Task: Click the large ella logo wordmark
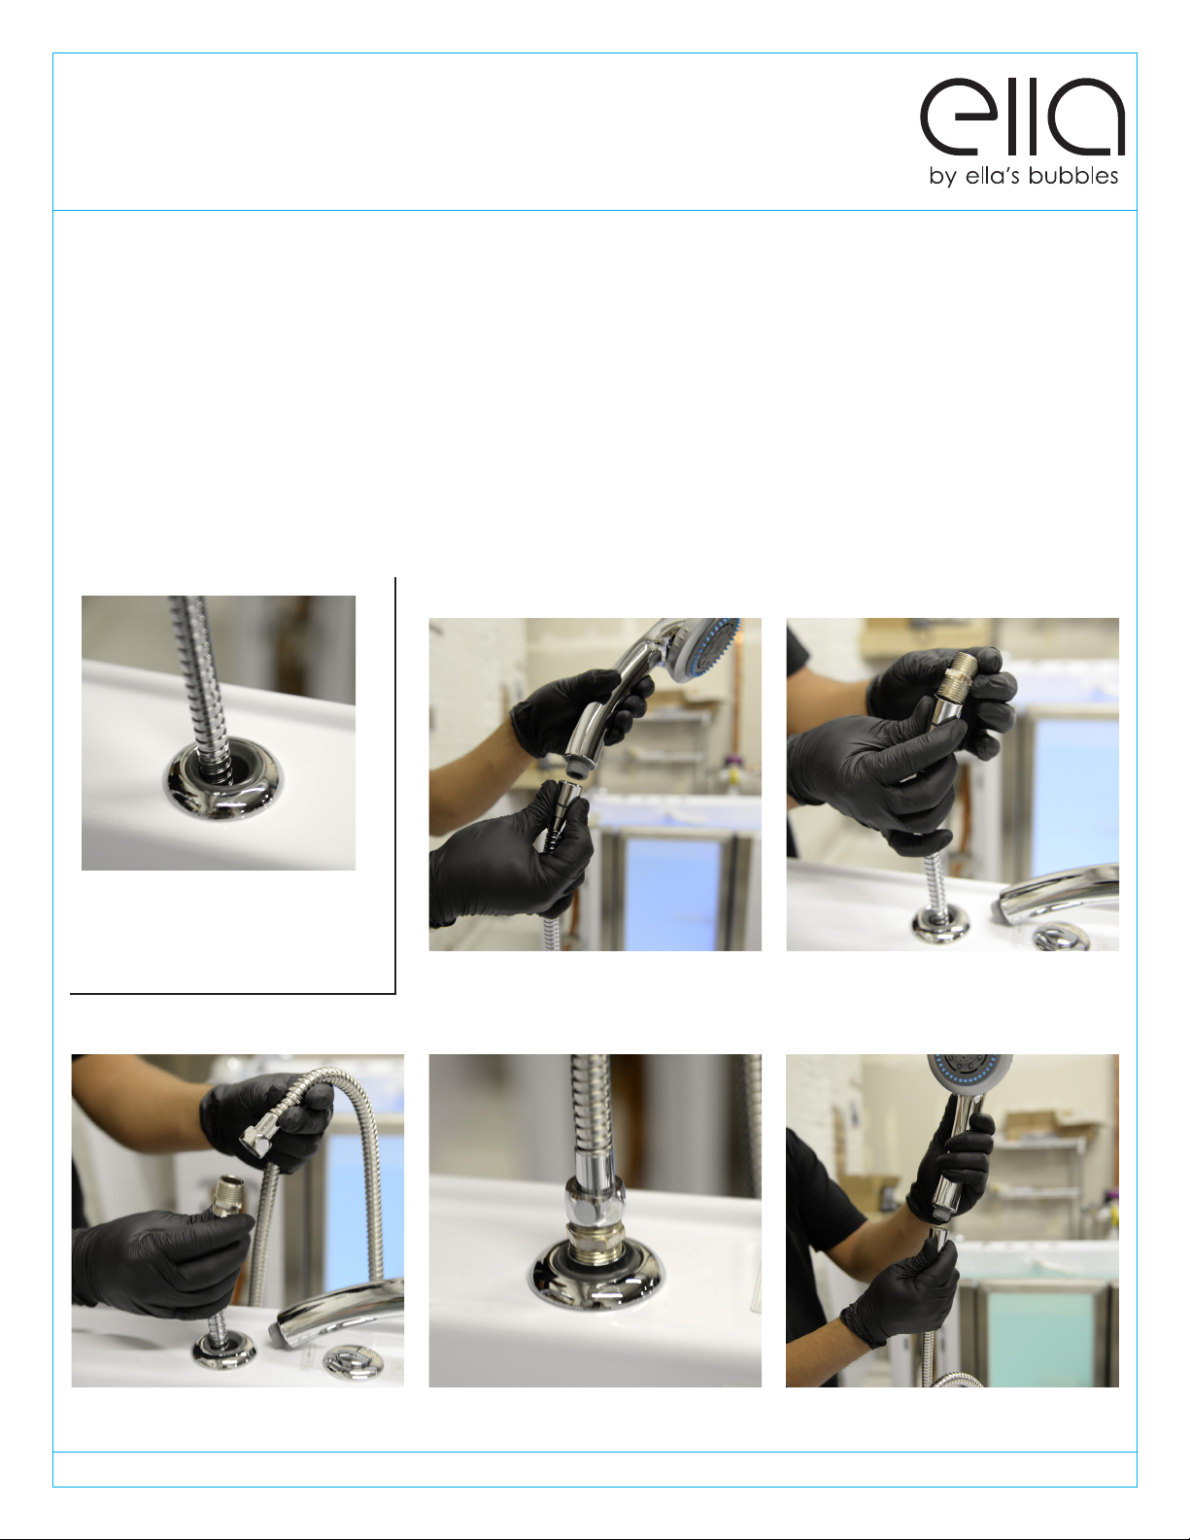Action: click(x=1022, y=117)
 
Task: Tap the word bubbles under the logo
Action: click(x=1072, y=175)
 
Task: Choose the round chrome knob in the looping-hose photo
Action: click(x=352, y=1360)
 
